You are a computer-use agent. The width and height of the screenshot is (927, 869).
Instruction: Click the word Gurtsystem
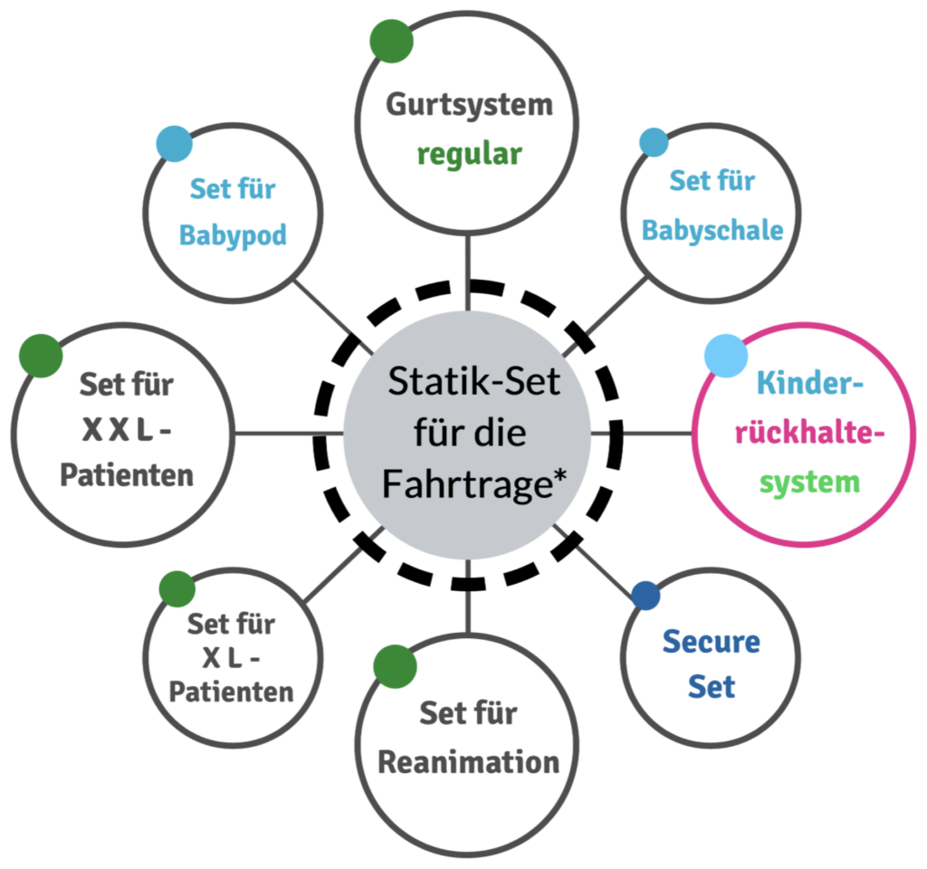click(x=469, y=105)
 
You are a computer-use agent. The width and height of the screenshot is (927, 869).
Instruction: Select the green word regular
click(x=469, y=153)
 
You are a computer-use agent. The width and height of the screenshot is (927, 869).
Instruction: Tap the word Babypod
click(x=233, y=235)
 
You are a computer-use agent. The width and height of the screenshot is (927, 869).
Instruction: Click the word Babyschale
click(x=712, y=230)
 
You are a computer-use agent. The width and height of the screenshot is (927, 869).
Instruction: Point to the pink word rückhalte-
click(x=809, y=433)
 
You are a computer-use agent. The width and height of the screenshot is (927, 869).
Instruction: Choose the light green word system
click(x=809, y=482)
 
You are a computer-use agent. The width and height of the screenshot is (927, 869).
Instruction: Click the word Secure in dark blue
click(x=711, y=642)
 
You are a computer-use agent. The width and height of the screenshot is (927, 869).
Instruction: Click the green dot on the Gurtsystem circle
click(x=392, y=42)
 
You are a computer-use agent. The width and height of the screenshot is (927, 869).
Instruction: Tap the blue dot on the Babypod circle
click(x=174, y=143)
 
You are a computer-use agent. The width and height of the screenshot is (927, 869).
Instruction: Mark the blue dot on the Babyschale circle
click(x=654, y=142)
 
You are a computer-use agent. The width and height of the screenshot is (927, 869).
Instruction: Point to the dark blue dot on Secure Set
click(x=645, y=596)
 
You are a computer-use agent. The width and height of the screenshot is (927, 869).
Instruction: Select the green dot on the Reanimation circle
click(x=396, y=665)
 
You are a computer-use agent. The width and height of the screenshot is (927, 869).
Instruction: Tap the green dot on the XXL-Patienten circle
click(x=41, y=354)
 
